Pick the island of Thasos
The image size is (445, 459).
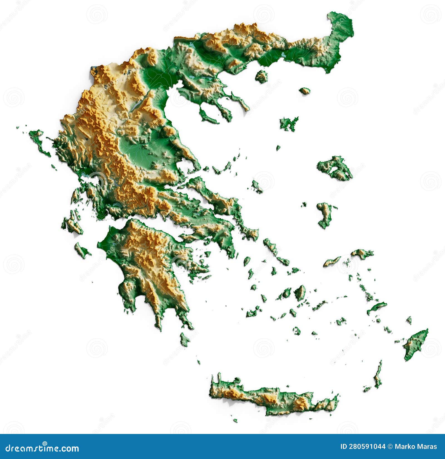tap(261, 76)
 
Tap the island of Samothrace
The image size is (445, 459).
tap(305, 91)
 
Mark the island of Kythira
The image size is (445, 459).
tap(184, 340)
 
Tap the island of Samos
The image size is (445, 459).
tap(362, 253)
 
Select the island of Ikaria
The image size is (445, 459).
tap(332, 261)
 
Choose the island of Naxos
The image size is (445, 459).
tap(300, 292)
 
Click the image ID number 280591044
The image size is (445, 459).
tap(363, 447)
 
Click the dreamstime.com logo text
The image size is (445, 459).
tap(42, 448)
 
